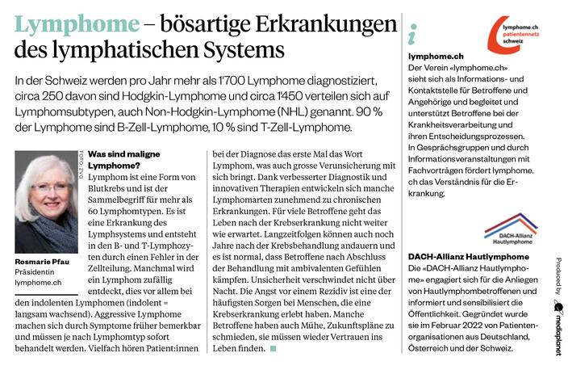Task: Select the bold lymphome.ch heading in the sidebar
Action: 436,56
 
